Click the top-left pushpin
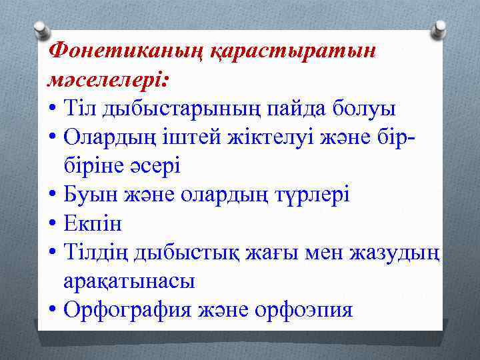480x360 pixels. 41,29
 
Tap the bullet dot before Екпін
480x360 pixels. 52,224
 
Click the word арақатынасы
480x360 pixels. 129,282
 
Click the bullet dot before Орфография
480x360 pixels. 52,311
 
